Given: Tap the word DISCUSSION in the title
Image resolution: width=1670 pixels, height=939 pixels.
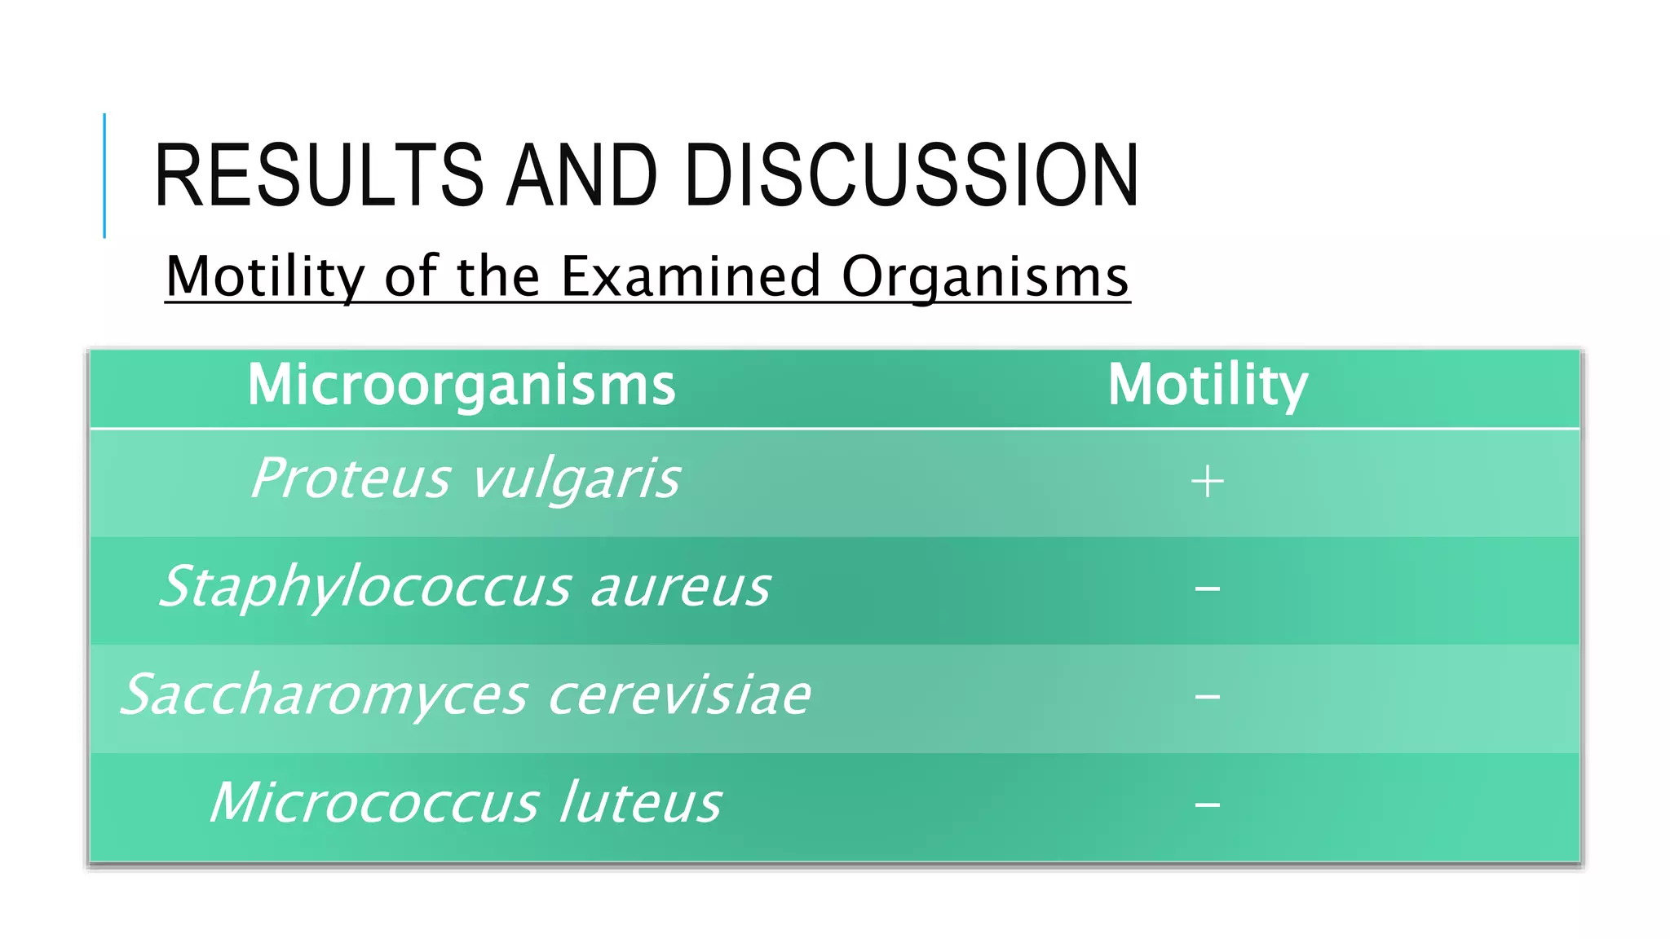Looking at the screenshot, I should coord(911,175).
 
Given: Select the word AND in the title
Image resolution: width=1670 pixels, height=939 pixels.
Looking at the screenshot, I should coord(581,175).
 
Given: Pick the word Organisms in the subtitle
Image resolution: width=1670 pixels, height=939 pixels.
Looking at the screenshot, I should coord(985,277).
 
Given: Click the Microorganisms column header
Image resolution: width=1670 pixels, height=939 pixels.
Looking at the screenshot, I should coord(462,385).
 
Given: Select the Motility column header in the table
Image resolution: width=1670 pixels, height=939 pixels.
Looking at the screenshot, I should coord(1208,385).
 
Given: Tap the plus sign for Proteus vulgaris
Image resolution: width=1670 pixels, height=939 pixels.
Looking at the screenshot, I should coord(1207,482).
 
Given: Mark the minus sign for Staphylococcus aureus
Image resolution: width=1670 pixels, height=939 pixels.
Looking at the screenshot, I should coord(1208,589).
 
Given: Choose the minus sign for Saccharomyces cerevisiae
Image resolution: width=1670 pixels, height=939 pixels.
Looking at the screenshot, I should coord(1208,697).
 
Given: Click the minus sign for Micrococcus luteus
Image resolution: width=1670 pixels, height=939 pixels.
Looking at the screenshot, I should coord(1208,805).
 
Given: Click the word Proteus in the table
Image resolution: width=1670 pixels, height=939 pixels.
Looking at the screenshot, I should coord(350,478).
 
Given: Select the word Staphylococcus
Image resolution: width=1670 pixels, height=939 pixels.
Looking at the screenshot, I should coord(364,588).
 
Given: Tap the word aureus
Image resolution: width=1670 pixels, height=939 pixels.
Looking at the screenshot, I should coord(679,588).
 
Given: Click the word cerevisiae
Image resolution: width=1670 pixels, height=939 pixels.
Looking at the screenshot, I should coord(679,695).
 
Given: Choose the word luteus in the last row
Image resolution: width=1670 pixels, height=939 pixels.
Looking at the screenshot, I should coord(641,803).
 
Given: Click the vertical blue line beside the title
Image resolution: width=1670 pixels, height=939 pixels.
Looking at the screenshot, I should coord(104,175).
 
